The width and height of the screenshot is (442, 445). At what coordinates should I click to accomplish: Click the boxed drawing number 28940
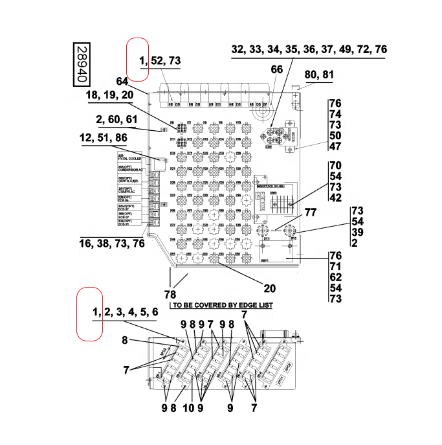click(x=81, y=64)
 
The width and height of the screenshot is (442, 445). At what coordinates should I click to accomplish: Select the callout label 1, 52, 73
click(x=160, y=61)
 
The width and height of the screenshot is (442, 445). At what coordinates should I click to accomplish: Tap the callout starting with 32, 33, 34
click(x=309, y=49)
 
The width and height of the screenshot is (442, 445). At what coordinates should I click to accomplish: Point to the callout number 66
click(x=277, y=69)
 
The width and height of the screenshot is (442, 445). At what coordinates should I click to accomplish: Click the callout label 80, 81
click(x=319, y=74)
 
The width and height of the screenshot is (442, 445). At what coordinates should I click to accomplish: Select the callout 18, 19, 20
click(x=109, y=95)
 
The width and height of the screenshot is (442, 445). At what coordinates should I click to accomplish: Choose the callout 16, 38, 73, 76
click(x=112, y=244)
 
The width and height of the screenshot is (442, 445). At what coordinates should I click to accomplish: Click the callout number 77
click(x=311, y=212)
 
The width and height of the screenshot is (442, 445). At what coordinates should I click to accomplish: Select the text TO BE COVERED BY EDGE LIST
click(x=220, y=304)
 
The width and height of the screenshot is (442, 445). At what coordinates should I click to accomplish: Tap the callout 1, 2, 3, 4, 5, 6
click(x=125, y=312)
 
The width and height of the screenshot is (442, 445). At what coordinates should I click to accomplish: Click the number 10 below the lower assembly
click(x=188, y=408)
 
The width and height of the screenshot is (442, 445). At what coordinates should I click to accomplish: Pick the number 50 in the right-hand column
click(x=335, y=135)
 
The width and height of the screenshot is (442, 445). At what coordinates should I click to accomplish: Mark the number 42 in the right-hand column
click(x=335, y=198)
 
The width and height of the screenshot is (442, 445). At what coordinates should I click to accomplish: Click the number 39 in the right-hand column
click(x=357, y=232)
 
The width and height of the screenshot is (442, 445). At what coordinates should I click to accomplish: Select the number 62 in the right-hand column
click(x=335, y=277)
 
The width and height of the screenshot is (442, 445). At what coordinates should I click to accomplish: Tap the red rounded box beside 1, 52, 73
click(x=137, y=60)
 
